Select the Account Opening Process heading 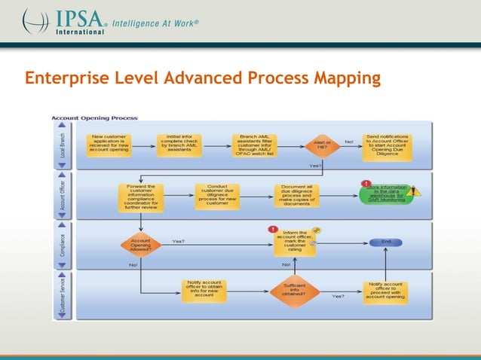tap(93, 118)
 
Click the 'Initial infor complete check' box tap(179, 143)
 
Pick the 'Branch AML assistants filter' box tap(253, 143)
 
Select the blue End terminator tap(384, 243)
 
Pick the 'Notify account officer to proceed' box tap(386, 291)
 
